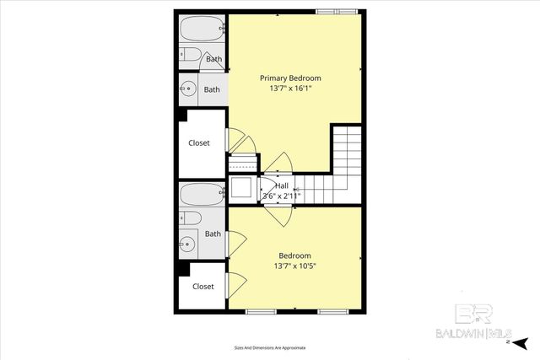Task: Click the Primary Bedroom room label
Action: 289,78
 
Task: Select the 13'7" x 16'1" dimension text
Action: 289,88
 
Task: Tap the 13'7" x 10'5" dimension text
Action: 294,266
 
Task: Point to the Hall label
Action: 282,185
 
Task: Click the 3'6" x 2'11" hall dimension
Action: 282,196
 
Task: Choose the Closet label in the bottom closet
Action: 202,286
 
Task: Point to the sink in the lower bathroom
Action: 187,245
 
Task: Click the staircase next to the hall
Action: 341,164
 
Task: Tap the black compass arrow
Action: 521,342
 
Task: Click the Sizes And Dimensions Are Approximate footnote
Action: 269,347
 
